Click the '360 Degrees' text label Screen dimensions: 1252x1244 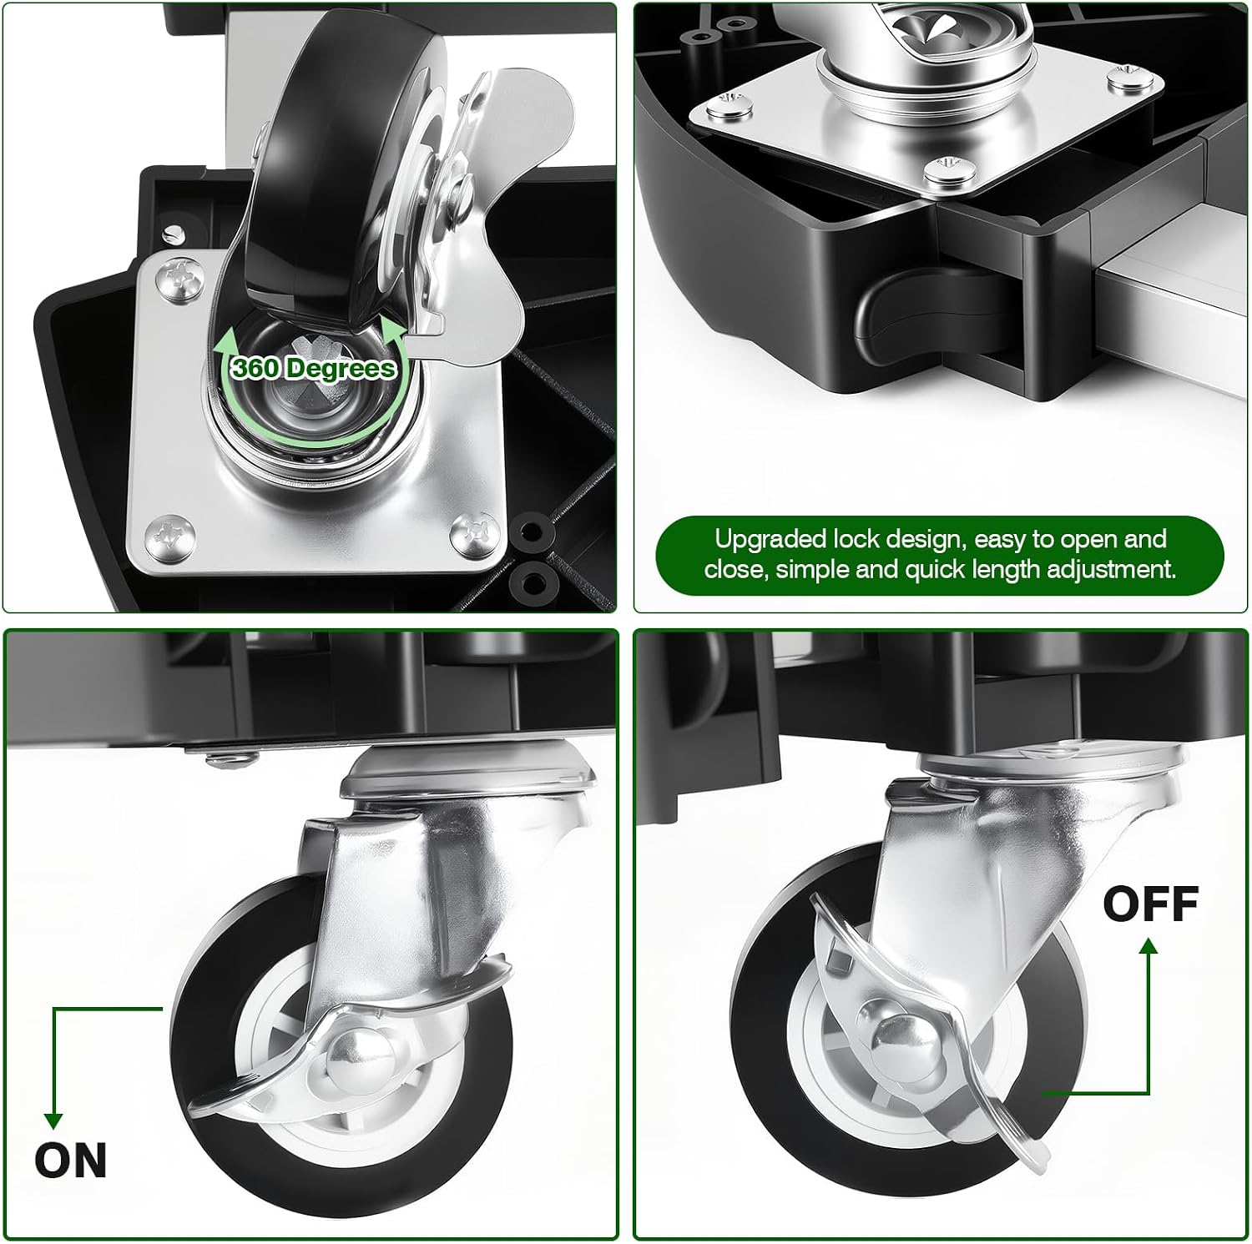click(313, 368)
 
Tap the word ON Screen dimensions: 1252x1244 click(71, 1161)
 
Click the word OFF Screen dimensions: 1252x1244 click(1151, 904)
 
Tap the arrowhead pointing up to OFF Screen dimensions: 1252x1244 click(1149, 946)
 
